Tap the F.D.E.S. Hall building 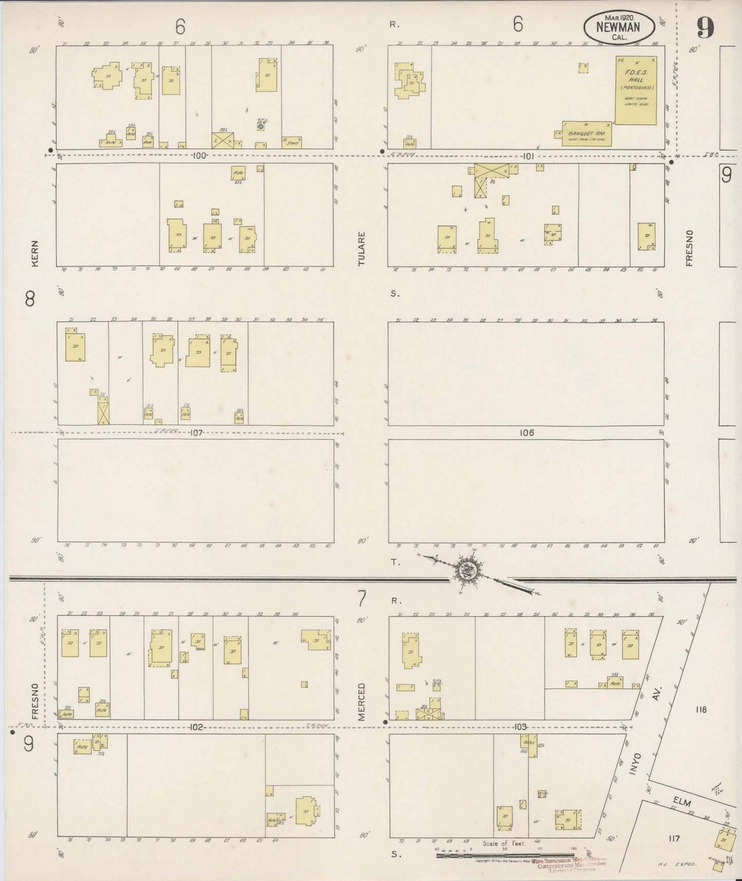click(635, 90)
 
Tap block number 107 click(196, 433)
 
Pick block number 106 click(527, 433)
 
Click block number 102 click(197, 727)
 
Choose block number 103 click(520, 727)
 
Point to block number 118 click(701, 710)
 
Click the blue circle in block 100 click(261, 126)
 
